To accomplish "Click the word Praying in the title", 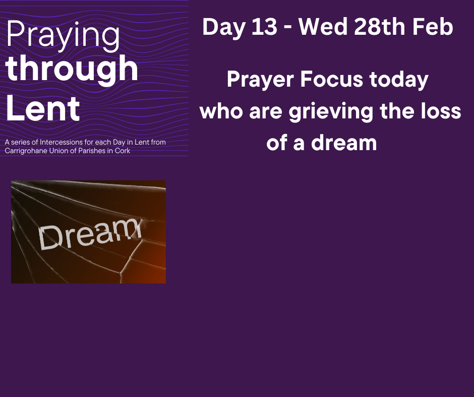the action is click(x=63, y=36).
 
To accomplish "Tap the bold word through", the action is click(x=72, y=70).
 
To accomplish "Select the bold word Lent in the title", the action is click(x=43, y=108).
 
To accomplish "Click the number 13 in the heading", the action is click(x=264, y=27).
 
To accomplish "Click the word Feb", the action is click(x=433, y=27).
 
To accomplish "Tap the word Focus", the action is click(x=331, y=80).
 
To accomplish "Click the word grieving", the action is click(x=331, y=112).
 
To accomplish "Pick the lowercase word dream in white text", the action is click(x=344, y=143).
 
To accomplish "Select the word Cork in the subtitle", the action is click(x=123, y=151).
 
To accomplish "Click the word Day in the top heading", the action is click(x=224, y=28).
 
